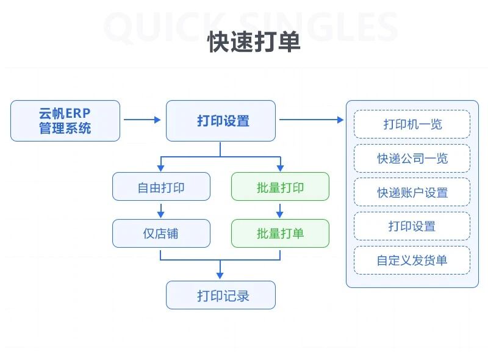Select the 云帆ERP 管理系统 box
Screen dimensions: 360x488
tap(65, 121)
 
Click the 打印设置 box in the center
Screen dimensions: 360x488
tap(221, 121)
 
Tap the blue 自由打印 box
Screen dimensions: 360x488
tap(161, 187)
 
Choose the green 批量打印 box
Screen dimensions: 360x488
tap(280, 187)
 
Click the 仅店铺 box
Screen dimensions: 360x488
tap(161, 233)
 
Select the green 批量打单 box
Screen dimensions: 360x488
tap(280, 233)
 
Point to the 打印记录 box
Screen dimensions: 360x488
tap(221, 295)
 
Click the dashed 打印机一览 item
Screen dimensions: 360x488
tap(412, 124)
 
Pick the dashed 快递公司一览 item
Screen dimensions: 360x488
tap(412, 159)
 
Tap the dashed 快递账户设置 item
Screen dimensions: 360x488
tap(412, 192)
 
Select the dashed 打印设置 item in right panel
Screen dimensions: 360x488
tap(412, 226)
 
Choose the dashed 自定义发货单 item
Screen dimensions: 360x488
tap(412, 261)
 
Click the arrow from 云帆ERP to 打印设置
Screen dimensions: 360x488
tap(143, 120)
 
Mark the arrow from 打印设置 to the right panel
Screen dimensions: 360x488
tap(311, 120)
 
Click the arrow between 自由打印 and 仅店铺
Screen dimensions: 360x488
tap(161, 210)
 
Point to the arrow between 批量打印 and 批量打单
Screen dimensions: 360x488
tap(280, 210)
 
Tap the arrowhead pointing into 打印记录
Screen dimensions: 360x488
tap(220, 276)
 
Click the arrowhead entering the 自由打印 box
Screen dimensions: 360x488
tap(161, 168)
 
